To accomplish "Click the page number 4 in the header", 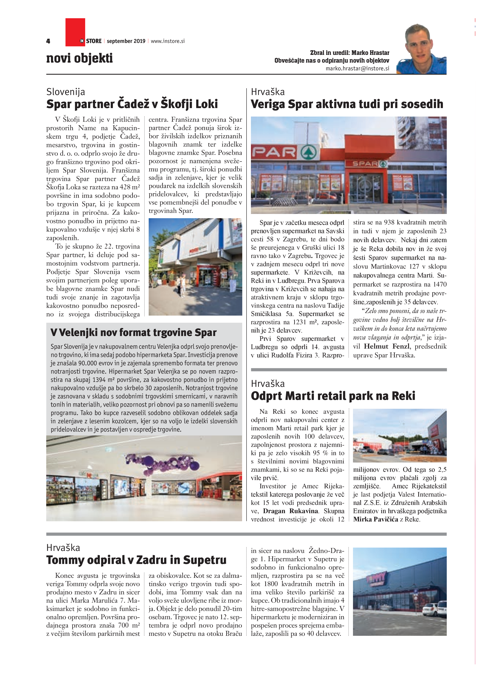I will point(48,41).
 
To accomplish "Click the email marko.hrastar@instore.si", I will point(357,68).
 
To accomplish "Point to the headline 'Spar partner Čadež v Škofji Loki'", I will point(132,104).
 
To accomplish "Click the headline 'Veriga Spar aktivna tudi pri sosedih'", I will point(347,104).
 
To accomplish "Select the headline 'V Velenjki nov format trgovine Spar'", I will point(133,333).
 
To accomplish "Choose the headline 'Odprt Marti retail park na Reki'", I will point(333,396).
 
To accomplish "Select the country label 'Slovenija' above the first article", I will point(66,92).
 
